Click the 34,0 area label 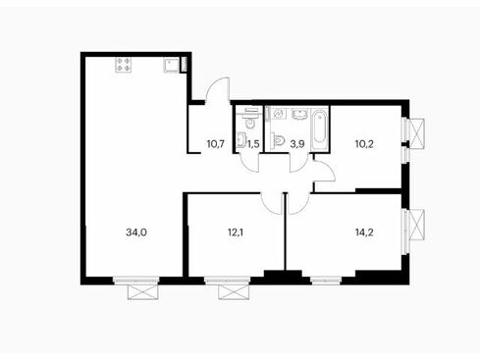point(136,232)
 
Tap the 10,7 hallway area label point(216,143)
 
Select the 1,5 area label point(253,143)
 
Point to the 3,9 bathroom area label point(297,143)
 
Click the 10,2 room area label point(364,143)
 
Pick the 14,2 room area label point(364,232)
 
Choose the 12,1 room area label point(236,232)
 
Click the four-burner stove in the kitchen point(124,65)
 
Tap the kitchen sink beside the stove point(172,65)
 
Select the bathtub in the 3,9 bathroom point(320,129)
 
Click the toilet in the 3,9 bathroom point(279,141)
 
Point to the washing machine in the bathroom point(279,114)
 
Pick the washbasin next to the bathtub point(299,115)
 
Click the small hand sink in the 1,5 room point(240,139)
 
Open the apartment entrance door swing point(218,89)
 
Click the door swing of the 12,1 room point(272,204)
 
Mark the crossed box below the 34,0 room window point(142,292)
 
